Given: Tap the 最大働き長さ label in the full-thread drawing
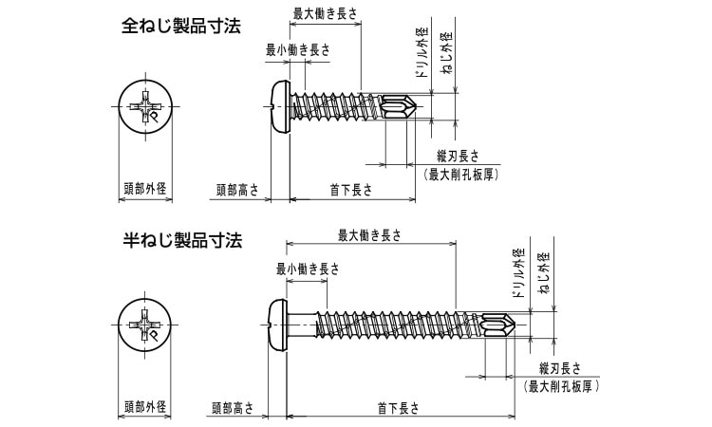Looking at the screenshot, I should click(x=325, y=14).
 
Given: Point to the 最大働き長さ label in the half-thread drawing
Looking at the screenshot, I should click(x=370, y=235).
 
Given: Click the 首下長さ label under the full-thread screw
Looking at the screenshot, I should click(x=350, y=190).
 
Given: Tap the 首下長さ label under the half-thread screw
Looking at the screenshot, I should click(x=398, y=409).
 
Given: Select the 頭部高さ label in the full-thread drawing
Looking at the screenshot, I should click(x=235, y=190).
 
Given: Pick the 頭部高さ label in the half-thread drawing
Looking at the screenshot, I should click(x=232, y=409).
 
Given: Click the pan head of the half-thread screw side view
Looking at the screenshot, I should click(x=276, y=325).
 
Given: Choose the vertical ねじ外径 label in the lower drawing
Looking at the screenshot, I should click(x=544, y=275).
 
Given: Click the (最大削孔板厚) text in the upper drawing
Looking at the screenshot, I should click(x=460, y=174).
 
